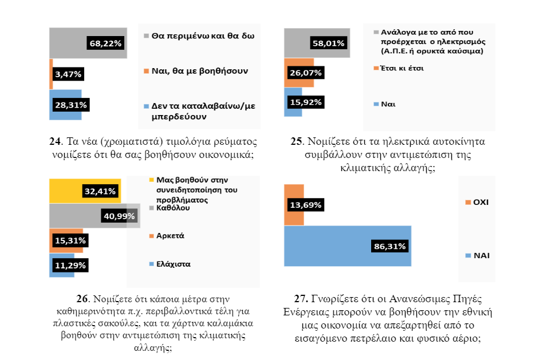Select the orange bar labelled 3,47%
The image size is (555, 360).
51,74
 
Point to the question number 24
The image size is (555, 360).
56,141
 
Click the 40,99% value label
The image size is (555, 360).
118,216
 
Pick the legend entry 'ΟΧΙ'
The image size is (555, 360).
480,202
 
